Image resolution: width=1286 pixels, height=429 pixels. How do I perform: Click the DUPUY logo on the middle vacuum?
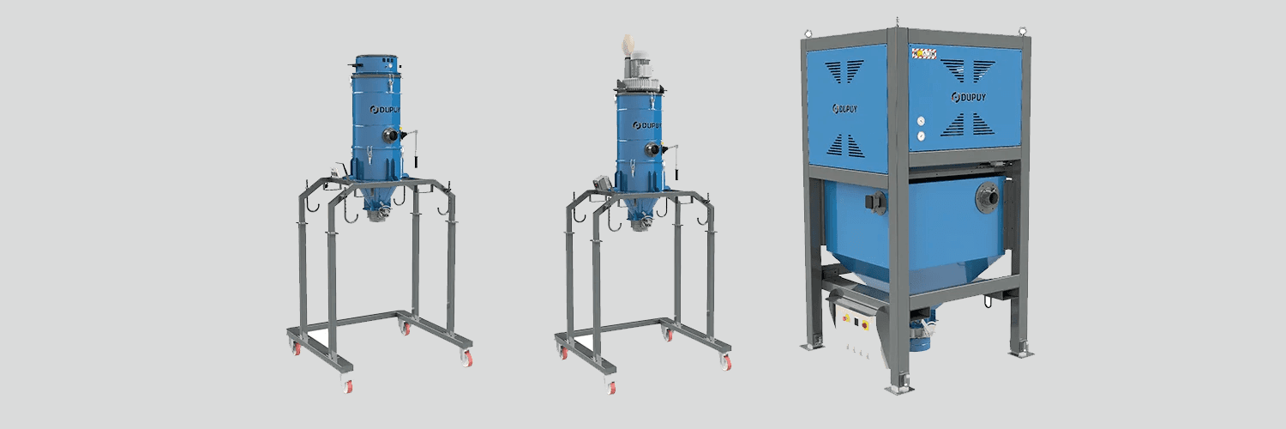coord(646,124)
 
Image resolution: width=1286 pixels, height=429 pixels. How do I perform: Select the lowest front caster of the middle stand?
coord(611,386)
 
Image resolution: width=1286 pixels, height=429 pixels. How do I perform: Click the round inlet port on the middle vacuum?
coord(652,149)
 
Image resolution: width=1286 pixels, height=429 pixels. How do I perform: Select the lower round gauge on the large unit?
coord(919,136)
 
